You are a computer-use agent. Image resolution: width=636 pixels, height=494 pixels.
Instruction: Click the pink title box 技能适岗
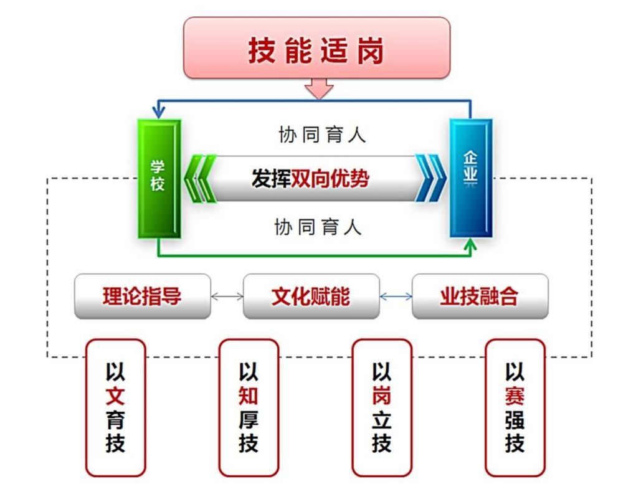tap(316, 48)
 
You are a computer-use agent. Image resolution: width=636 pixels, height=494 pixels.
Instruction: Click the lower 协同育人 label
tap(318, 227)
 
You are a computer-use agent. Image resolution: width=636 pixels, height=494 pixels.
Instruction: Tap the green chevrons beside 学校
tap(201, 179)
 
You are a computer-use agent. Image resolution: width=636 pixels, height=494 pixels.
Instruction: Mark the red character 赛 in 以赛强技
tap(515, 396)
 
